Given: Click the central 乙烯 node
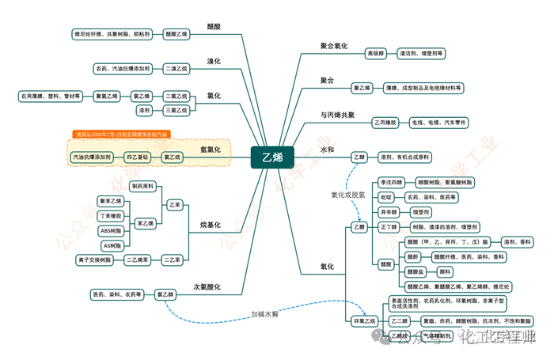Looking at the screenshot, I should click(x=272, y=157).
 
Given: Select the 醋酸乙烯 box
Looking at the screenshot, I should click(x=176, y=34).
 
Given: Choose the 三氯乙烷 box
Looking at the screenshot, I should click(x=176, y=111).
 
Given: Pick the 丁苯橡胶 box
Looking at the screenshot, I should click(x=110, y=215).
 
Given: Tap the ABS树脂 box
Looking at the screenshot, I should click(x=110, y=230).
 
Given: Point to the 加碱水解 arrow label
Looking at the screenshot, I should click(x=264, y=313).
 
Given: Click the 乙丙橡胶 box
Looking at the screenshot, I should click(x=385, y=123).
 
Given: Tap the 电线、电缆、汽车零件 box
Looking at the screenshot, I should click(x=439, y=123).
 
